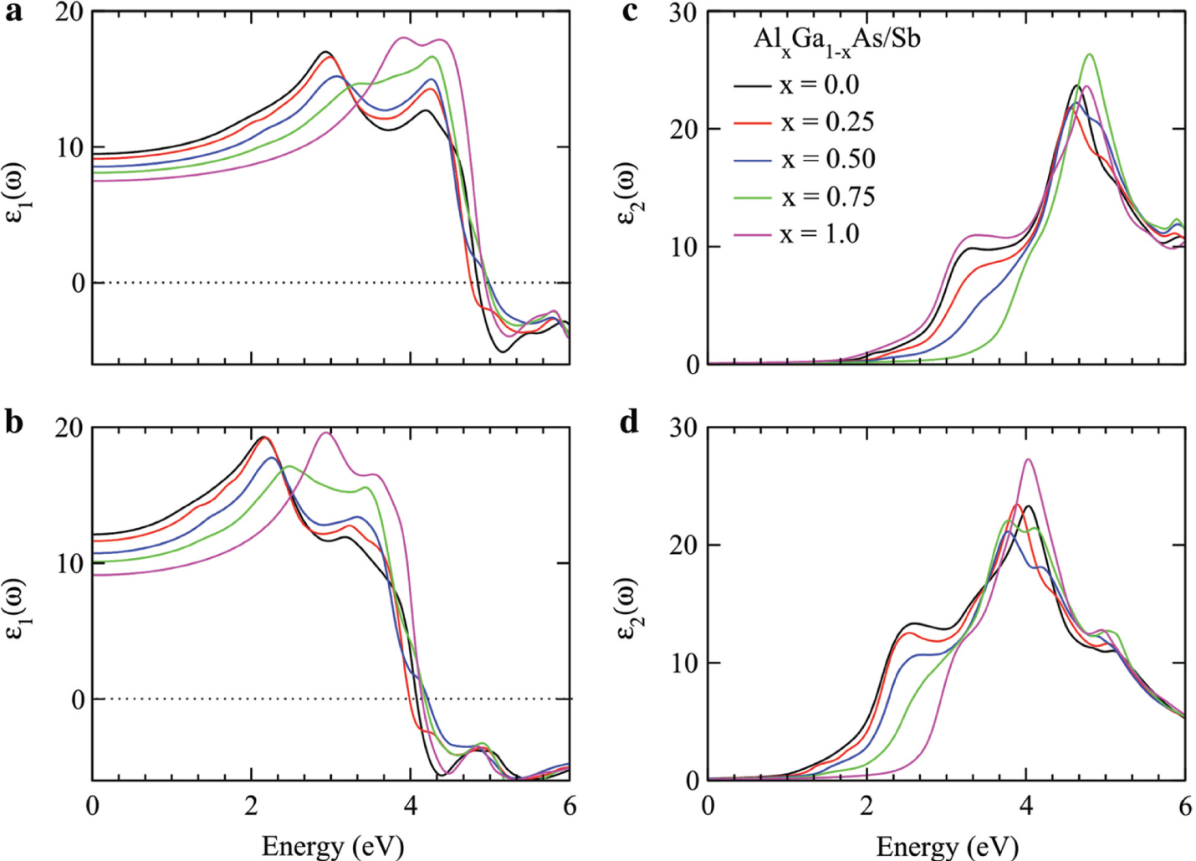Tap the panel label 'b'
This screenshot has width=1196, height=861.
[13, 423]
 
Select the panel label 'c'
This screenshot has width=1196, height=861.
[630, 12]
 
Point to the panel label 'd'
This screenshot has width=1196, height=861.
[630, 423]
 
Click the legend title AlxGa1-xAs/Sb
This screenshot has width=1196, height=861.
[836, 40]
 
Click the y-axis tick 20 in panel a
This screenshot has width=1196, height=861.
[70, 13]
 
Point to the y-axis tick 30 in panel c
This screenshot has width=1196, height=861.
[684, 13]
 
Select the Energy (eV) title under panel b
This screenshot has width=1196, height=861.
[332, 845]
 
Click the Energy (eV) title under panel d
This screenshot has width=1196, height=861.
[947, 846]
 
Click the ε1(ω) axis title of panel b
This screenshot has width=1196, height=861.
[17, 607]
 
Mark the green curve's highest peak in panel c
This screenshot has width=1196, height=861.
[1090, 54]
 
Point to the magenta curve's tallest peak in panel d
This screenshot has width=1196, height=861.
[1028, 459]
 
